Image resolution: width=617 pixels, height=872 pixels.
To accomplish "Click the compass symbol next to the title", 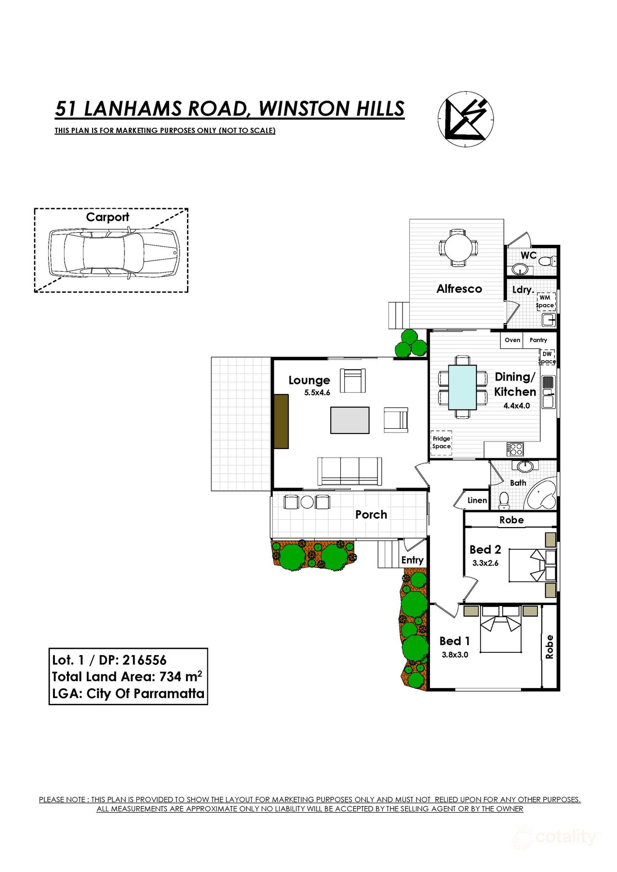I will coord(466,119).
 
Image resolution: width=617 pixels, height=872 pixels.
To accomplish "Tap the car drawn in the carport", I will coord(113,252).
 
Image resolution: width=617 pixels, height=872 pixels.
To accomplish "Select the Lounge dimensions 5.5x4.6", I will coord(317,393).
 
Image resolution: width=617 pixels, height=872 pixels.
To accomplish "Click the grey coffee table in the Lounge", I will coord(349,420).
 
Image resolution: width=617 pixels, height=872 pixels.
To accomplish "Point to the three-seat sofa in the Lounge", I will coord(349,471).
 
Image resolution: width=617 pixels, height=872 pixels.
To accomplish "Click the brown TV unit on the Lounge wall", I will coord(281,422).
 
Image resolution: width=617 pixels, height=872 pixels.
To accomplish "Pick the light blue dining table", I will coord(462,387).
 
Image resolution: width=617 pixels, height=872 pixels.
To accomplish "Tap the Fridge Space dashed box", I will coord(441,442).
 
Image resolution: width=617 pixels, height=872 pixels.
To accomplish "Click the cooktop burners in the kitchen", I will coord(515,449).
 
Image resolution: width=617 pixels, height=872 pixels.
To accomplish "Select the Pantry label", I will coord(538,340).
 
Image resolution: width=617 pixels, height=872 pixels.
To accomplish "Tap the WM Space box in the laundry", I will coord(546,302).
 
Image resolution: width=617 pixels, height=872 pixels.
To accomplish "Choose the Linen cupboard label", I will coord(477,501).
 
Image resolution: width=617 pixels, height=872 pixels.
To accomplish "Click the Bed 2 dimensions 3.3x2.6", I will coord(485,563).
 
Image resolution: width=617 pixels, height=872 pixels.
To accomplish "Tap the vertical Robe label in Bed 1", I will coord(549,647).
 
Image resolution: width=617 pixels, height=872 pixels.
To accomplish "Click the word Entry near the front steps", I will coord(412,560).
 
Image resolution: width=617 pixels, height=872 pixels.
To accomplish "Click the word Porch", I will coord(371,515).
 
